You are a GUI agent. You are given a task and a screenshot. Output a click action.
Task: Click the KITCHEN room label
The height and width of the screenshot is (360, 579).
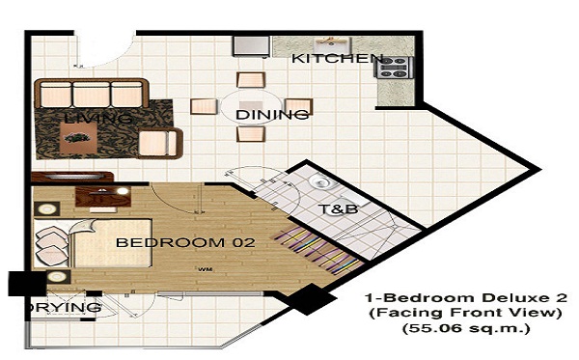pos(338,58)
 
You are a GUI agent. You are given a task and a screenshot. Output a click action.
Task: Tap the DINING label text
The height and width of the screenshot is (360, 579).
pos(272,115)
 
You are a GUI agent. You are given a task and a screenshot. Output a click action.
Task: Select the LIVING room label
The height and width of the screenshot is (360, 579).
pos(97,119)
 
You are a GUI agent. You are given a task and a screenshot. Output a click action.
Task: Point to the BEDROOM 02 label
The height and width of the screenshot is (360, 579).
pos(185,242)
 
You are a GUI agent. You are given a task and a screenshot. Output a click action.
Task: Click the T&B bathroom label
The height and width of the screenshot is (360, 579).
pos(339,209)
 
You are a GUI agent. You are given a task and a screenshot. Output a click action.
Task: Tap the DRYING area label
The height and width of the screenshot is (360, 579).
pos(64,307)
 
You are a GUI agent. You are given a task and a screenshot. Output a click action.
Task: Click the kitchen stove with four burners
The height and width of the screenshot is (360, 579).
pos(394,68)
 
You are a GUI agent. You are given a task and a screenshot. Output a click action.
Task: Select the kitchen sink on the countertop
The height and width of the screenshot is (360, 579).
pos(331,45)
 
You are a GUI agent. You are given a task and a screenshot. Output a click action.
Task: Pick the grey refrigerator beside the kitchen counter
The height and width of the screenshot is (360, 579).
pos(251,45)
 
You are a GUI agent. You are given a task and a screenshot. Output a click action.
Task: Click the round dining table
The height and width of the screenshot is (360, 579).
pos(252,107)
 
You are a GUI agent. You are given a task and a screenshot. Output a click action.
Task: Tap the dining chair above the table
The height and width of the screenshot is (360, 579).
pos(251,80)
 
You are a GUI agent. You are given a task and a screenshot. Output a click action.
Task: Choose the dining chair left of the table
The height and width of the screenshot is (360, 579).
pos(204,106)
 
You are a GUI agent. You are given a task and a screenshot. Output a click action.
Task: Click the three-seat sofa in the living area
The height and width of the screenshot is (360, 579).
pos(92,93)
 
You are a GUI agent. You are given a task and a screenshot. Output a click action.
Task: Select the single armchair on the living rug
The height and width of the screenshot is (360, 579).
pos(160,143)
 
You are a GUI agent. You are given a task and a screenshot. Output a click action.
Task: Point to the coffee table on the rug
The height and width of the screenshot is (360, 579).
pos(78,138)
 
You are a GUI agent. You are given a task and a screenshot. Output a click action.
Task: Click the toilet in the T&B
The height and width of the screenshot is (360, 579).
pos(320,181)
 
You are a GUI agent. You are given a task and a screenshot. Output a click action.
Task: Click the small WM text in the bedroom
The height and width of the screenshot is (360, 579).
pos(206,269)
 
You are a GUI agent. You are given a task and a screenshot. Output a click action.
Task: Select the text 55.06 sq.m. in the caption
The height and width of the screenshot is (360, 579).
pos(466,328)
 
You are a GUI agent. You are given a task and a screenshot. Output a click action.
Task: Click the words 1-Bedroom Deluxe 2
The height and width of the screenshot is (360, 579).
pos(466,297)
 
